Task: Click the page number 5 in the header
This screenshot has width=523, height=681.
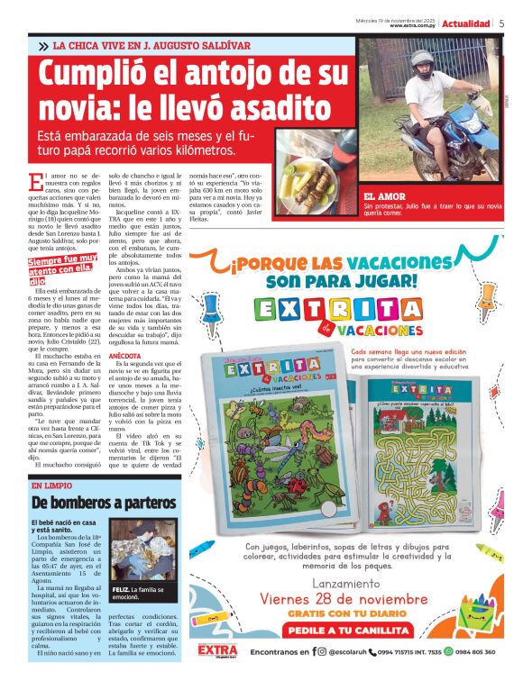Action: (501, 23)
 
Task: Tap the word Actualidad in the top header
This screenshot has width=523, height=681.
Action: (466, 23)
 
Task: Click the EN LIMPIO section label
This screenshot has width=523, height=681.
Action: (51, 486)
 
